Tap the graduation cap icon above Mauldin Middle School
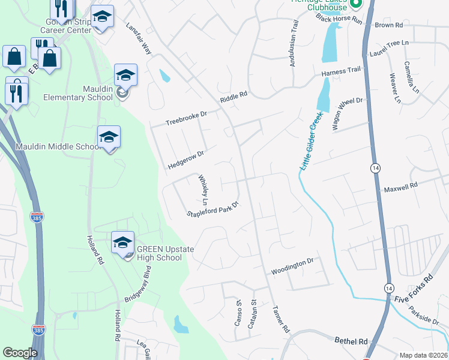pos(109,137)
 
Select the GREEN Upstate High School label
pos(159,253)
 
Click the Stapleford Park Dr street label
pos(213,209)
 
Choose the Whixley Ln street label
pos(204,187)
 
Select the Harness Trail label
pos(340,72)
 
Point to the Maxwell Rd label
pos(401,188)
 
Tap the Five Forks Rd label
pos(418,289)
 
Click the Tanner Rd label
pos(281,320)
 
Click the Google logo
pos(20,353)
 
